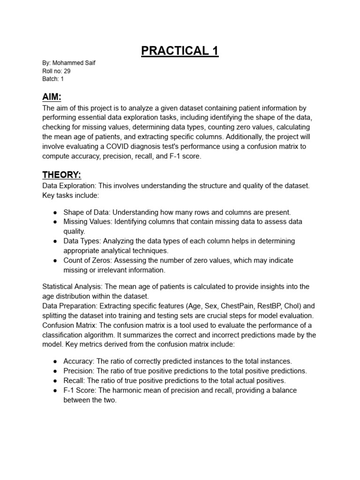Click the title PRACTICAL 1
(180, 50)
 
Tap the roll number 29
(67, 71)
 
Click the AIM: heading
(52, 97)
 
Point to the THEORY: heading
(61, 175)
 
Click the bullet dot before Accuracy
(55, 361)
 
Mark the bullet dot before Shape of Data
(55, 212)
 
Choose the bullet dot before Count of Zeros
(55, 261)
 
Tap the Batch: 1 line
(53, 79)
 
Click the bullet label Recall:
(75, 381)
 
